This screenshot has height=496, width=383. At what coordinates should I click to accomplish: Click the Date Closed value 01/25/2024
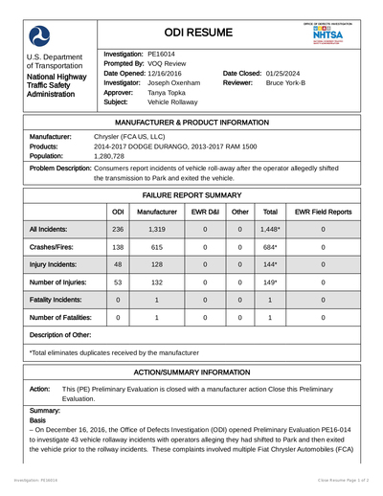tap(295, 73)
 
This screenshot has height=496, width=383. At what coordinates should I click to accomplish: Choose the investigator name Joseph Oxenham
tap(173, 83)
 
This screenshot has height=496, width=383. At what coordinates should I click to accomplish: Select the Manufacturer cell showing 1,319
tap(157, 230)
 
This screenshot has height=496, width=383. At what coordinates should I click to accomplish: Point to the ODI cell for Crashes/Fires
tap(118, 248)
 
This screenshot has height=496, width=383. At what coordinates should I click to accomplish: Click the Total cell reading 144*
tap(270, 264)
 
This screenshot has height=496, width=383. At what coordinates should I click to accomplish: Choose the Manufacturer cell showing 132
tap(157, 282)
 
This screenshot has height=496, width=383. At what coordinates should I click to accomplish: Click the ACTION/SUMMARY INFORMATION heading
tap(191, 371)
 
